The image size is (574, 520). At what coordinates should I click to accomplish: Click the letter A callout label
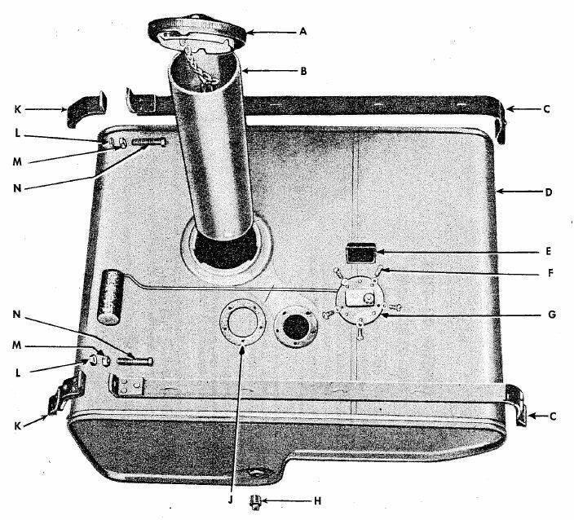tap(303, 32)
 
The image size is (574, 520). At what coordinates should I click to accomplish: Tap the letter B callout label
tap(303, 71)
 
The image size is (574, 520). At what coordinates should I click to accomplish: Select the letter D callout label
tap(549, 193)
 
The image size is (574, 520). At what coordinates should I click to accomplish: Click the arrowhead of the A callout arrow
tap(248, 33)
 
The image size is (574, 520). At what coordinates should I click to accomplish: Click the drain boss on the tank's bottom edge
tap(260, 473)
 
